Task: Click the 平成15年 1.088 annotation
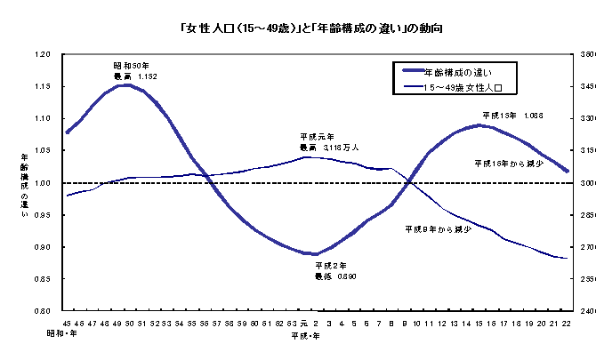511,116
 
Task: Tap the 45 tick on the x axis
67,323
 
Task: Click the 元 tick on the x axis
303,323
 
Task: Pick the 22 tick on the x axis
566,323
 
